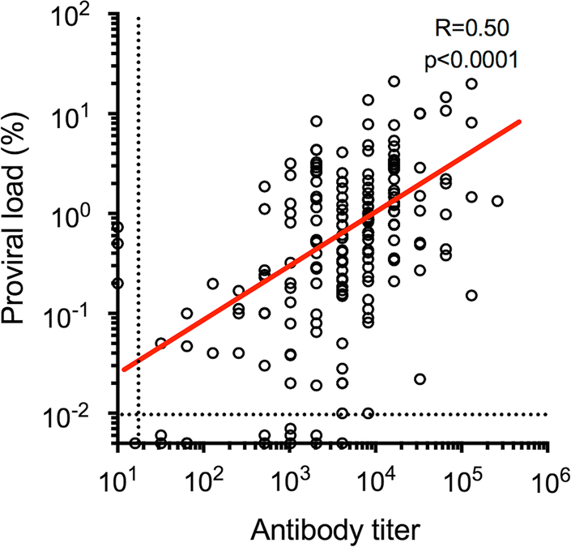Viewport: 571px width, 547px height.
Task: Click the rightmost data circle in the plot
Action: [497, 201]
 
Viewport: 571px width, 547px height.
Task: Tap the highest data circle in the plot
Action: [394, 82]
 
